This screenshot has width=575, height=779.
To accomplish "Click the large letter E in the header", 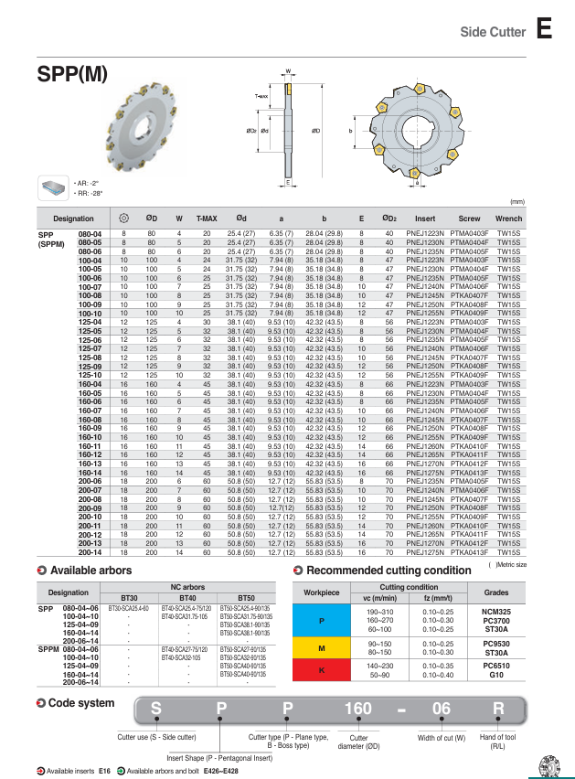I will tap(544, 30).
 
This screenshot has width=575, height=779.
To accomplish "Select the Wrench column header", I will tap(508, 219).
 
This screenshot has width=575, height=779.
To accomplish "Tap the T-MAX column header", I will tap(208, 219).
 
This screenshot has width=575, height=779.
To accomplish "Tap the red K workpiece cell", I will tap(321, 670).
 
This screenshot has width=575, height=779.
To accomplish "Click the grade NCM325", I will tap(496, 611).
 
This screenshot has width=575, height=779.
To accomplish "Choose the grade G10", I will tap(496, 675).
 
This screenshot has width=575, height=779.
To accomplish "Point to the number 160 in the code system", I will tap(358, 709).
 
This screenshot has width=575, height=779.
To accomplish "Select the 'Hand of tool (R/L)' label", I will tap(497, 742).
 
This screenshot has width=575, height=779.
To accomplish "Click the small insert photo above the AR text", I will tap(52, 187).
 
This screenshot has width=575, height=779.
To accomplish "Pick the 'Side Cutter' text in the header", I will tap(492, 32).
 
